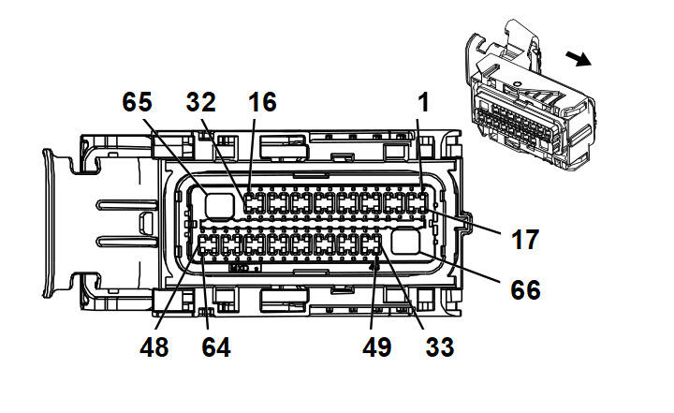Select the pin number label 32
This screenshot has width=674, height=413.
tap(204, 101)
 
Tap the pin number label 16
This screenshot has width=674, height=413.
tap(263, 101)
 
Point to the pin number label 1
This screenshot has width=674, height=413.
tap(422, 101)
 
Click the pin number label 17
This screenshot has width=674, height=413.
tap(525, 239)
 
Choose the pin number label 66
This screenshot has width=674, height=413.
tap(525, 289)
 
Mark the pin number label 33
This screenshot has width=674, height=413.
tap(439, 347)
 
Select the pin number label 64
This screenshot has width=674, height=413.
tap(215, 347)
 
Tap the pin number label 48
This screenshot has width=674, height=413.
tap(155, 347)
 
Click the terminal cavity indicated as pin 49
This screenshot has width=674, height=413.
tap(372, 245)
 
